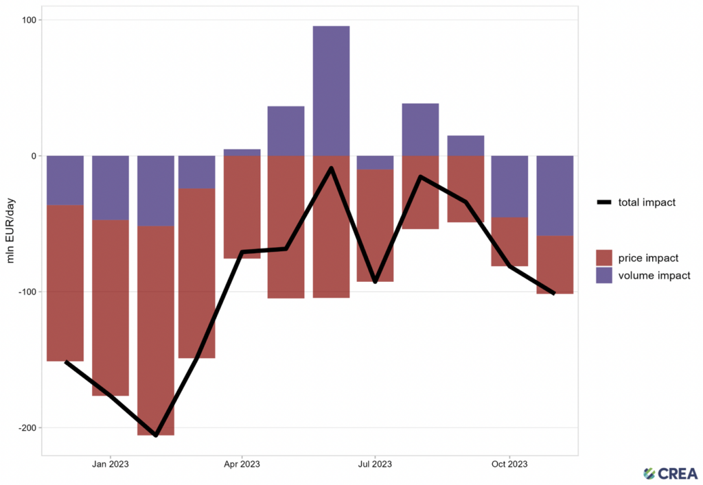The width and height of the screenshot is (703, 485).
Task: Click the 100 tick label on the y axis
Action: click(29, 20)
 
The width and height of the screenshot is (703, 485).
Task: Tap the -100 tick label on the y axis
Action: click(27, 292)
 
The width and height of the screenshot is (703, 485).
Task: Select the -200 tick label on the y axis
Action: click(27, 427)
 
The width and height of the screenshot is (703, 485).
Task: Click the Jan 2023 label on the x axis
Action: click(110, 464)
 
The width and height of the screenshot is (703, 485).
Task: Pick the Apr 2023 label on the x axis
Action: click(242, 464)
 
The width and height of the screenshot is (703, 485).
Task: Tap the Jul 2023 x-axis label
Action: click(375, 464)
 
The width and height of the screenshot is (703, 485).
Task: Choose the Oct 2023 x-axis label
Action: click(509, 464)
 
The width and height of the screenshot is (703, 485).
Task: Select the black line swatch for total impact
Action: click(604, 202)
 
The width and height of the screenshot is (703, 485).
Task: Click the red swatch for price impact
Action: click(604, 258)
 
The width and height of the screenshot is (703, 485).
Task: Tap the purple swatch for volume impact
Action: click(604, 275)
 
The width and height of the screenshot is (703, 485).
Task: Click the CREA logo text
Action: click(677, 473)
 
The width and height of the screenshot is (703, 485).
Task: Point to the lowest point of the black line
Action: click(156, 435)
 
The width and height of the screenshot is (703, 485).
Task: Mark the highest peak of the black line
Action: click(332, 168)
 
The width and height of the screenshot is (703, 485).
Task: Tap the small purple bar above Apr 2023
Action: click(242, 152)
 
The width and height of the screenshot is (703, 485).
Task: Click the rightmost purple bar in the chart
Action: click(555, 196)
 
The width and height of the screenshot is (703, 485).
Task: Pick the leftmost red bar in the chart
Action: click(65, 283)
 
